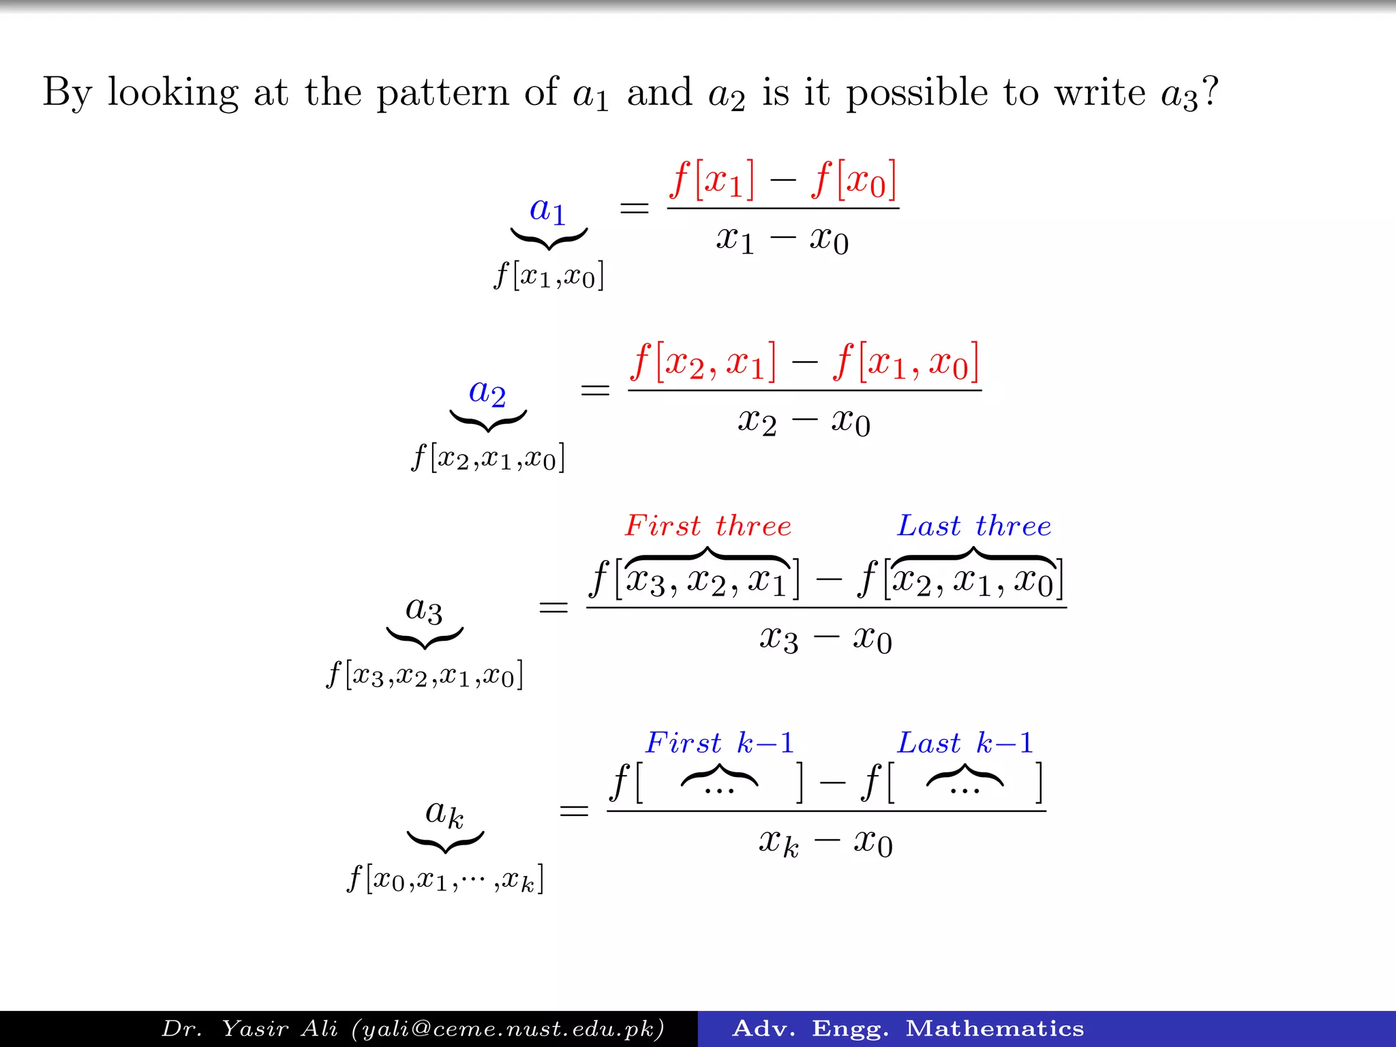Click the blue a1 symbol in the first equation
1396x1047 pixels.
(548, 210)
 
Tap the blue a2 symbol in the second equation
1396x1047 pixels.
(487, 393)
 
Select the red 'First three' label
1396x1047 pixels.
(708, 526)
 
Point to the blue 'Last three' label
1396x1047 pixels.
(974, 526)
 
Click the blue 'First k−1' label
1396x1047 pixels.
(720, 743)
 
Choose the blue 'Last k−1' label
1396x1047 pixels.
(965, 743)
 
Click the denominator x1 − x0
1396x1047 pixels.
(783, 240)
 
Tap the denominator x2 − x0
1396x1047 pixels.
(804, 422)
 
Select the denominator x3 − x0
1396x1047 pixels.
(825, 639)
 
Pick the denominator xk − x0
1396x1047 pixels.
(825, 843)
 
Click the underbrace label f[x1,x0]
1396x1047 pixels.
(549, 277)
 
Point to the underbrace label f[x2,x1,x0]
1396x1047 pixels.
(488, 458)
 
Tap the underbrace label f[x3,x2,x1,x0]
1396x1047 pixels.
(425, 676)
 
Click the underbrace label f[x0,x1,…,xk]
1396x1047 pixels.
(446, 879)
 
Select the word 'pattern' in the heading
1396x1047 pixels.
(442, 93)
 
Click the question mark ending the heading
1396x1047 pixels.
(1210, 91)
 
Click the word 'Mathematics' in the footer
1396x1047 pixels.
(995, 1029)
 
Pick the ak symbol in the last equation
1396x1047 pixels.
(444, 813)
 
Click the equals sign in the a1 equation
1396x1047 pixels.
(634, 208)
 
